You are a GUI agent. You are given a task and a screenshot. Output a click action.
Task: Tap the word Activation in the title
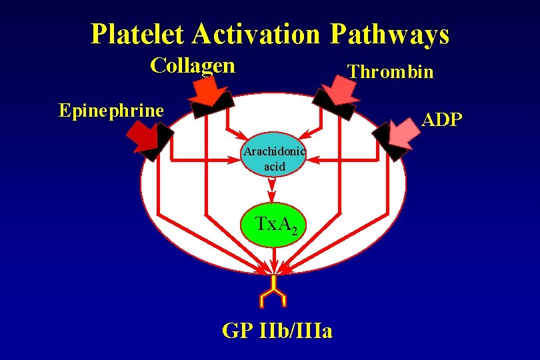(x=250, y=34)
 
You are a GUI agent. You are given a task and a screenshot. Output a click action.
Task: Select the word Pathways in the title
(x=389, y=34)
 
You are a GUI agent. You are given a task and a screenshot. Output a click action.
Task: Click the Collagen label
(x=193, y=66)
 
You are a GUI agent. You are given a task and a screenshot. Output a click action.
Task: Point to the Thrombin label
(x=391, y=72)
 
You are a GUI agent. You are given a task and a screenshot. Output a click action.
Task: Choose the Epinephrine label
(x=111, y=110)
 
